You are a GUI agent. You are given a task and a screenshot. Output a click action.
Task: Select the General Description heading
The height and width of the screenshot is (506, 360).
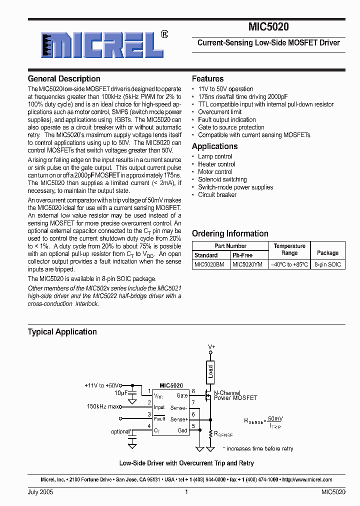point(64,79)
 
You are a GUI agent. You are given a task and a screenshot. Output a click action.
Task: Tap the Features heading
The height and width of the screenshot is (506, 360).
point(208,79)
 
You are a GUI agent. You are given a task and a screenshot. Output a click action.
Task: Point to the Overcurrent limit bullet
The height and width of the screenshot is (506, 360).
point(220,112)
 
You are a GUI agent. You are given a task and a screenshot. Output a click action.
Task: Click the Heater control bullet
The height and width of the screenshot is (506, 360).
point(216,164)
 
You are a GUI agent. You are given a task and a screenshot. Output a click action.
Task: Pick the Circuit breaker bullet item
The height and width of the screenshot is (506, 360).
point(217,195)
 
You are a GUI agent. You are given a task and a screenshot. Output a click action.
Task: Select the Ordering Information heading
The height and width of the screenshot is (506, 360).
point(230,233)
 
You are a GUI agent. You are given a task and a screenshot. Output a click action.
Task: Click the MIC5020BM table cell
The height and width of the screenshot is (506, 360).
point(209,264)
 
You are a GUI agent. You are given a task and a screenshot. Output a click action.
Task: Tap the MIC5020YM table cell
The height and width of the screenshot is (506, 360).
point(247,264)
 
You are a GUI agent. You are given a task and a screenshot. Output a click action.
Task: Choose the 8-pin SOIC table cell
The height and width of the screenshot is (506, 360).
point(327,264)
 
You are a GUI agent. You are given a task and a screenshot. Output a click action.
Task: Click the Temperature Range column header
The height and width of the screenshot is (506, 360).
point(289,249)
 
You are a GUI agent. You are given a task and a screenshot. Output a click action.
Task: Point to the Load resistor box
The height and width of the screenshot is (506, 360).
point(210,371)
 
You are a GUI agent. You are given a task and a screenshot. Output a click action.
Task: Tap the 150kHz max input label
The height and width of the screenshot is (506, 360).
point(104,406)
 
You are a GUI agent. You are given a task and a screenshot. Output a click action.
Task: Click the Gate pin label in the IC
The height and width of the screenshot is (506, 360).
point(182,395)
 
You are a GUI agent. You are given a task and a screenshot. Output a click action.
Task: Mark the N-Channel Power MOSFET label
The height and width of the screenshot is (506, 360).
point(235,395)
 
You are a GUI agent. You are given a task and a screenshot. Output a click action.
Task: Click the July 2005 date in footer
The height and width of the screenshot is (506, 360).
point(40,492)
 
